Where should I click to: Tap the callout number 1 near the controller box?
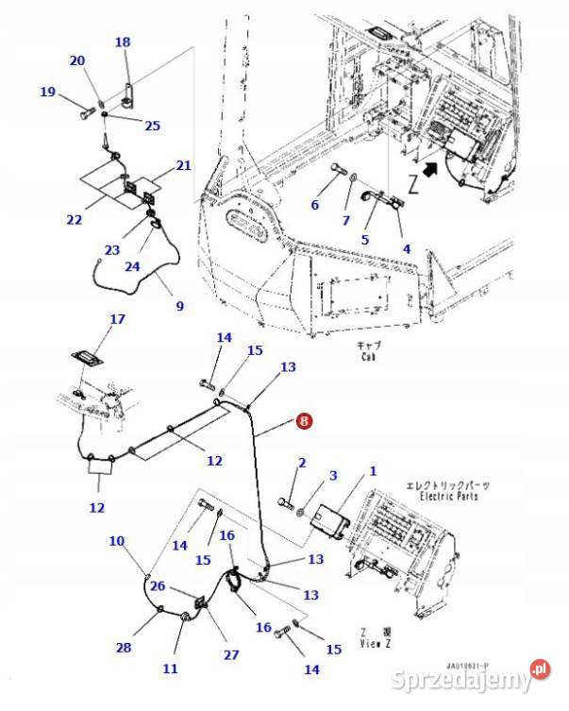pos(373,470)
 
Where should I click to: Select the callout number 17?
pos(117,319)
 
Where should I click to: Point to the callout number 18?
pos(123,42)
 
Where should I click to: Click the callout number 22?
pos(74,220)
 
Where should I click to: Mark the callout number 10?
pos(116,541)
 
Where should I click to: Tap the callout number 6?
pos(315,205)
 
